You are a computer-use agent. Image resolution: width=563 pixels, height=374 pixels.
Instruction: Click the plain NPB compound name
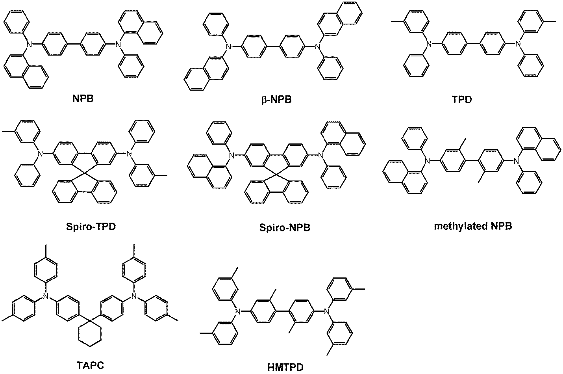[83, 98]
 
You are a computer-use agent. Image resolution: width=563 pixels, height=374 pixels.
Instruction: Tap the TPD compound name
[462, 99]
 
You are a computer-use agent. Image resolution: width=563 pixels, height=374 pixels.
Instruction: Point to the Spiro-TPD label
[91, 227]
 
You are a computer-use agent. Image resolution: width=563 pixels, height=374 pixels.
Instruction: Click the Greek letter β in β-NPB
[263, 99]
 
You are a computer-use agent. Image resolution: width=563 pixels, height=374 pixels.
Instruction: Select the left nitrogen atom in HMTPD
[237, 312]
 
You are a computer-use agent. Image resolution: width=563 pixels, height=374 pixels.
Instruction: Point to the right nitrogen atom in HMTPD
[326, 312]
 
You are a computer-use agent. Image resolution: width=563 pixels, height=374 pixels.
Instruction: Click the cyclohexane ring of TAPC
[90, 333]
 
